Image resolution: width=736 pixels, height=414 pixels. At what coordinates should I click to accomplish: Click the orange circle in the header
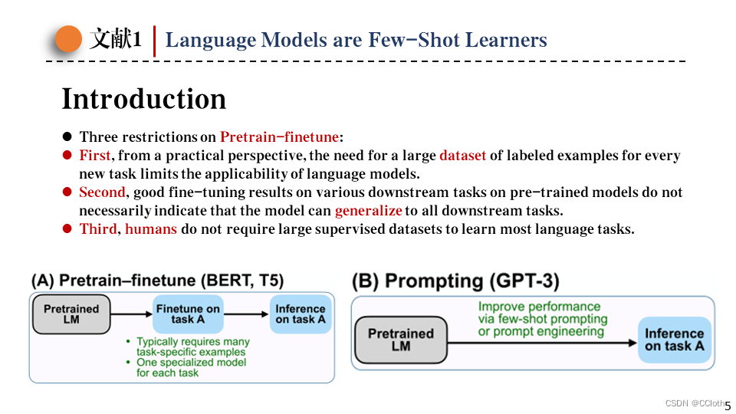coord(69,39)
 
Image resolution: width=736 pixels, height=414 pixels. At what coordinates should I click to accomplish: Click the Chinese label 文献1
coord(115,40)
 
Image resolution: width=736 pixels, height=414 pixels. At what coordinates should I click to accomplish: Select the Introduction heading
coord(143,99)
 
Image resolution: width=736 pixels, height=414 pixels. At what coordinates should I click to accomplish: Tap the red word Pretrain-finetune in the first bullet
coord(279,137)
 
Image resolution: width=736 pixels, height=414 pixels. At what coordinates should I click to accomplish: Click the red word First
coord(95,156)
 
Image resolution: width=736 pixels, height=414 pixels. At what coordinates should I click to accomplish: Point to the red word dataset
coord(462,156)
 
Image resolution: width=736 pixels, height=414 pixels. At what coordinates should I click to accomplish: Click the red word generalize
coord(368,211)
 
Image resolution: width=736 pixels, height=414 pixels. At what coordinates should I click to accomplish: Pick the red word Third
coord(98,229)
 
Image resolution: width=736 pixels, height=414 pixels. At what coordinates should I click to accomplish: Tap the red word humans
coord(151,229)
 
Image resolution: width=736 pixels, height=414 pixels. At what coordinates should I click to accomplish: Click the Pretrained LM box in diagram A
coord(71,314)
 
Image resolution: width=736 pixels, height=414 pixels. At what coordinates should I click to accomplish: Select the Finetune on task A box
coord(188,314)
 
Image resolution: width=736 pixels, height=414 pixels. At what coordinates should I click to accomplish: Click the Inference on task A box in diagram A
coord(301,314)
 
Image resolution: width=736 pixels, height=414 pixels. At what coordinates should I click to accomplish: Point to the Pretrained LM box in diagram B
coord(401,340)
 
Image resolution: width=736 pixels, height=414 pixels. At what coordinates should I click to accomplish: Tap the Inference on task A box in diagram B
coord(674,340)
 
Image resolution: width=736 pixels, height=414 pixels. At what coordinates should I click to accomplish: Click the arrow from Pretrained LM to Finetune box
coord(132,314)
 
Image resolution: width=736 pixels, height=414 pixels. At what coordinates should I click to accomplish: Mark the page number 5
coord(728,406)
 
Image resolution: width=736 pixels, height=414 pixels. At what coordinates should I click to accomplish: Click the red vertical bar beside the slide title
coord(155,41)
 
